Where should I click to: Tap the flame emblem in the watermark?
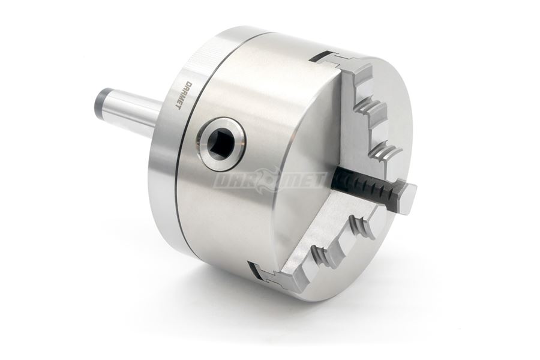pyautogui.click(x=269, y=179)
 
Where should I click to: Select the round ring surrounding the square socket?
pyautogui.click(x=220, y=143)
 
